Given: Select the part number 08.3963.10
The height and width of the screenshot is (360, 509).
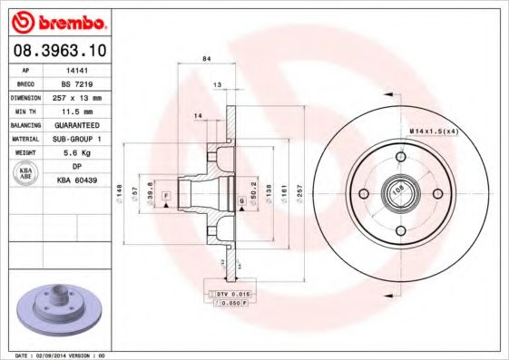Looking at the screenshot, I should [61, 51].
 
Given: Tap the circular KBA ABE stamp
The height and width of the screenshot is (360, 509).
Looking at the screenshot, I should [25, 174].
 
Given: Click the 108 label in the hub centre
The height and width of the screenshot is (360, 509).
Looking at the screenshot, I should [397, 190].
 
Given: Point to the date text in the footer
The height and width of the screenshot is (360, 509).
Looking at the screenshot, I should [54, 355].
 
